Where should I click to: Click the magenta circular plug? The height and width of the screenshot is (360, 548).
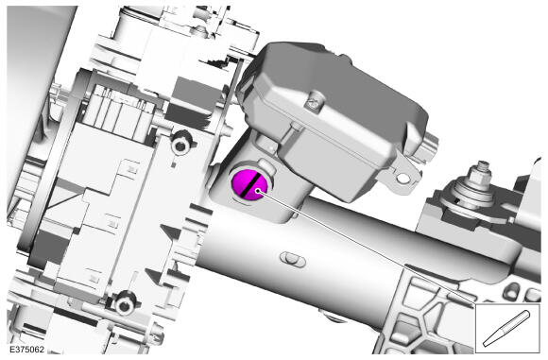tap(249, 184)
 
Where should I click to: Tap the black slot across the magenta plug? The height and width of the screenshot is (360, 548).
tap(250, 184)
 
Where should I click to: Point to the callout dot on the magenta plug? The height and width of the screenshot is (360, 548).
tap(258, 191)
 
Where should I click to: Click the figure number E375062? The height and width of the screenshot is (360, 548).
tap(26, 350)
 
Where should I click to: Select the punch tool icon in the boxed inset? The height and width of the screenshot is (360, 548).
tap(506, 329)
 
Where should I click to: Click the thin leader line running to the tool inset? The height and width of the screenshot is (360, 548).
tap(367, 248)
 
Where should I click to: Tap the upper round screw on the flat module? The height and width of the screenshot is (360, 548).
tap(180, 144)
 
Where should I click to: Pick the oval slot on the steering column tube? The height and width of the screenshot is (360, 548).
tap(293, 259)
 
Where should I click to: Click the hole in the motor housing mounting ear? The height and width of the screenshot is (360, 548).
tap(402, 179)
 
